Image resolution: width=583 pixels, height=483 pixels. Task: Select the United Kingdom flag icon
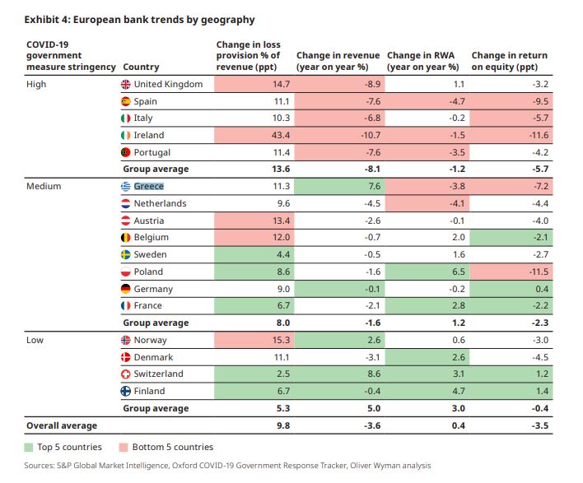point(126,84)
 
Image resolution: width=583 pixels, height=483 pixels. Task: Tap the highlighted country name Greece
point(149,186)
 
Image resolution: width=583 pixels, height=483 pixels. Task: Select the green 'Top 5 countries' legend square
point(29,447)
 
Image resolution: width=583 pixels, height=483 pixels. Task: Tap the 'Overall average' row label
point(62,425)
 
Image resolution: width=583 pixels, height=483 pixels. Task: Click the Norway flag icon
point(126,340)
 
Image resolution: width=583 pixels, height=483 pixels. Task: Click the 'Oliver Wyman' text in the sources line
point(375,466)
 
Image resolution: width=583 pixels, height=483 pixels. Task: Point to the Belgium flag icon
point(126,238)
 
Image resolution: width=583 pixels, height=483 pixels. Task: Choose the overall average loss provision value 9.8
point(282,425)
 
